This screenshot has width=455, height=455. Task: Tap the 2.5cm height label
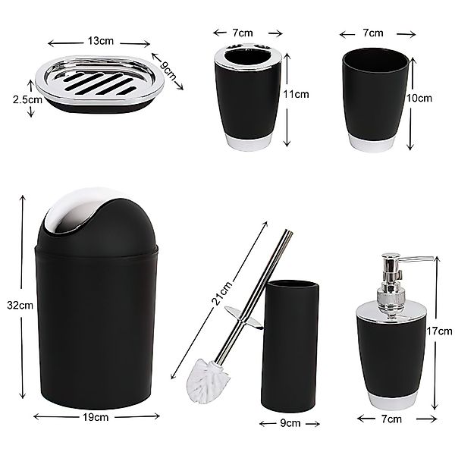[x=17, y=99]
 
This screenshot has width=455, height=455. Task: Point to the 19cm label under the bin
[x=97, y=416]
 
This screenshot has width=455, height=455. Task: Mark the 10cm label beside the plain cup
[x=422, y=99]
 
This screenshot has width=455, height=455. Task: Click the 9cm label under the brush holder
[x=292, y=424]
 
